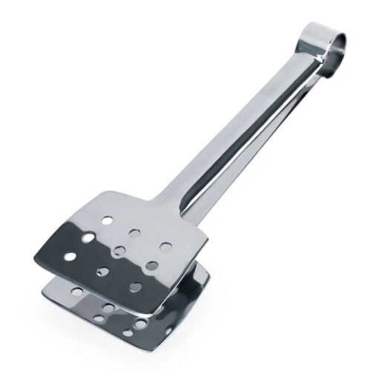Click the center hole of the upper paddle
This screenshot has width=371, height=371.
click(x=119, y=250)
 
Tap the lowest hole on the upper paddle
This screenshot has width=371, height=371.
click(x=134, y=287)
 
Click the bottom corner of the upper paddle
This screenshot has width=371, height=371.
click(x=157, y=312)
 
